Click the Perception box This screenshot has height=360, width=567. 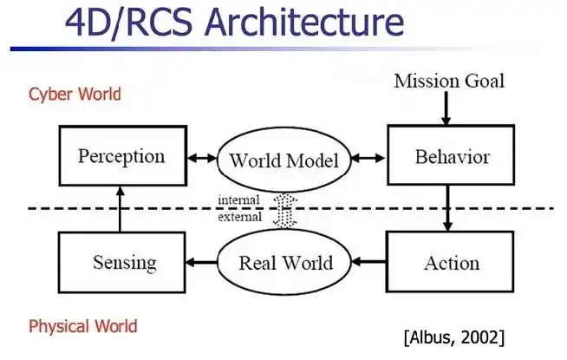121,158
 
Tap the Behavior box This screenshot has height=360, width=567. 452,158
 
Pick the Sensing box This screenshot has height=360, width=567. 121,262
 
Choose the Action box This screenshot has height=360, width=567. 452,262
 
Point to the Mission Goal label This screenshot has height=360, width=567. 448,82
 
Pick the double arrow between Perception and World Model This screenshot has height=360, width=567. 201,159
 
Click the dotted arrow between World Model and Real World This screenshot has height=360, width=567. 281,211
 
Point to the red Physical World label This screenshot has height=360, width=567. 82,326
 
